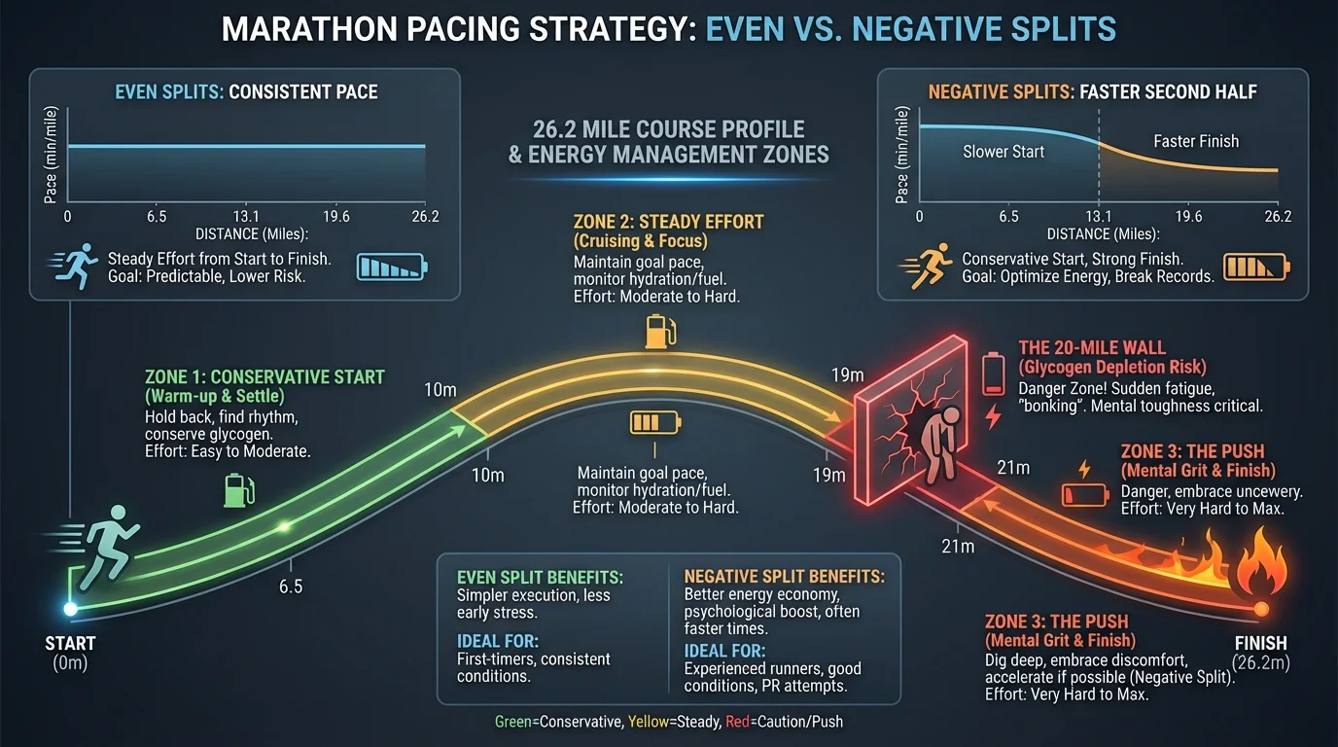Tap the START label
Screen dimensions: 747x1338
click(70, 643)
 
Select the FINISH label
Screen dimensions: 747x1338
click(1259, 643)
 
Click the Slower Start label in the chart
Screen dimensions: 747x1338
click(1003, 152)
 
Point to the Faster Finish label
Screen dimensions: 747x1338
click(1196, 141)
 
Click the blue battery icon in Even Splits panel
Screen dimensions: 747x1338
click(393, 267)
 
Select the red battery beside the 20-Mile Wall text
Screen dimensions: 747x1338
click(992, 374)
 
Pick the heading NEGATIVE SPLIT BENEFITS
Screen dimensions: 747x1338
click(784, 576)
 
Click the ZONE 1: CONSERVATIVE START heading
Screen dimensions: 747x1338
click(264, 377)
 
